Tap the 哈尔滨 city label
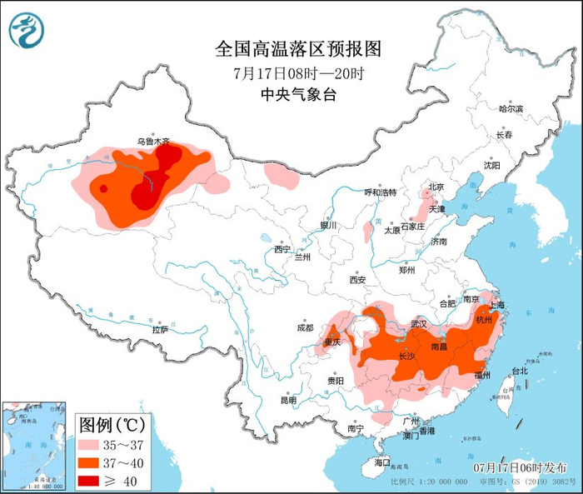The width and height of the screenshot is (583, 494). [511, 109]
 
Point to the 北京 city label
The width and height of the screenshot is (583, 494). [436, 187]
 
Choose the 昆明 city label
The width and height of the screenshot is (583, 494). [288, 400]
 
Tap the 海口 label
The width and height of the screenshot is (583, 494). [381, 462]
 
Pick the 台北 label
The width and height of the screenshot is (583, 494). [519, 371]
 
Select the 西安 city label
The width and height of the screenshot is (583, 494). [358, 279]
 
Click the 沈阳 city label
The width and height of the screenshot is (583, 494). [492, 165]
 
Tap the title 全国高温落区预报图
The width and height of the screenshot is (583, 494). [297, 49]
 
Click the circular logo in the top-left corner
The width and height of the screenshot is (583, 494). [25, 31]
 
